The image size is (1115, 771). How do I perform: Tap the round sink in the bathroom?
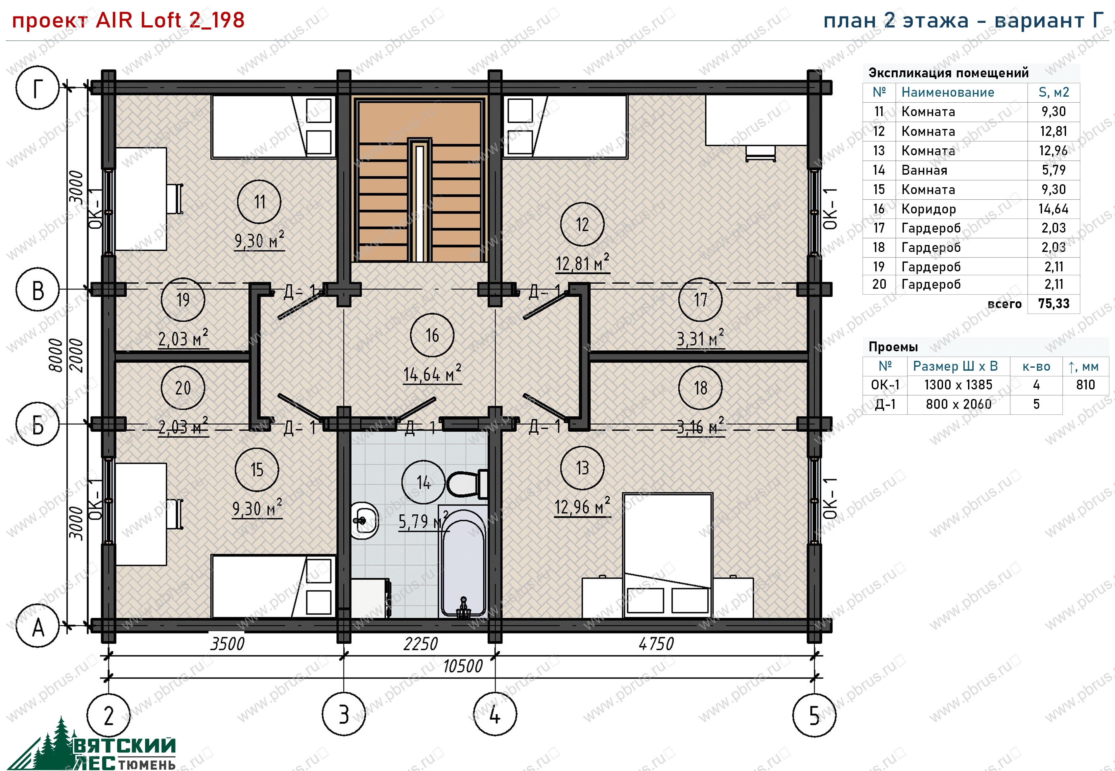coord(364,520)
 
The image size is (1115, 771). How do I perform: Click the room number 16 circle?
coord(432,335)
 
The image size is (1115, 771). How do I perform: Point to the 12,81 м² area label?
coord(582,263)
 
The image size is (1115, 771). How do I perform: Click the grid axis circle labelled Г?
coord(38,88)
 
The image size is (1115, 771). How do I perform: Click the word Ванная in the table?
coord(924,170)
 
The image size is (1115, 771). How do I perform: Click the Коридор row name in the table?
coord(929,209)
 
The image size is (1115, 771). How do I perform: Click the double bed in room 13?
coord(668,556)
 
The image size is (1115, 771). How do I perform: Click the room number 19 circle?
coord(182,300)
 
